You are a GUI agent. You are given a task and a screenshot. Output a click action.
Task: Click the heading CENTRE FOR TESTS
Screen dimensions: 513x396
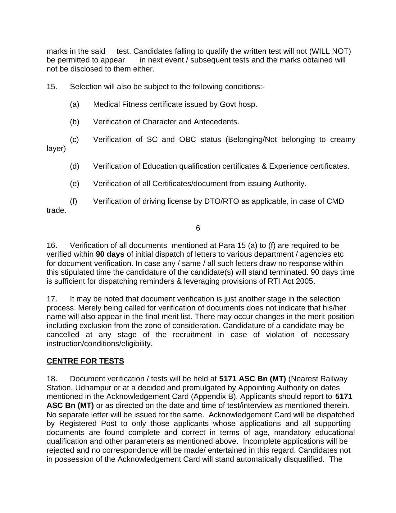(x=85, y=361)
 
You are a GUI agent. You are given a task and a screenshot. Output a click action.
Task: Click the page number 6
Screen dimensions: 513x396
(x=198, y=228)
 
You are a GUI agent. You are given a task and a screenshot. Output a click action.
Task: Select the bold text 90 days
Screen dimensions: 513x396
(x=110, y=254)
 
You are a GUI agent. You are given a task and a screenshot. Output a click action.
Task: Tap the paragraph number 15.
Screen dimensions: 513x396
(x=52, y=87)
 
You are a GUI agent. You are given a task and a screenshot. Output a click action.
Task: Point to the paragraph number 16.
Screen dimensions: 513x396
(x=52, y=245)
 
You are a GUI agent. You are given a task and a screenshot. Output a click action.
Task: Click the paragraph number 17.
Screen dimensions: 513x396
(x=52, y=299)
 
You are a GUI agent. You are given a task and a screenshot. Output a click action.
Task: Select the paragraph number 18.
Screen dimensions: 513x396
(x=52, y=379)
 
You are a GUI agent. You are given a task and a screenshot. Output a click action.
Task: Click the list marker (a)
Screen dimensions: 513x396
(x=75, y=104)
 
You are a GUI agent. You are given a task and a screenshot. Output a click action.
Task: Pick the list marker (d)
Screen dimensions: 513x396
(x=75, y=166)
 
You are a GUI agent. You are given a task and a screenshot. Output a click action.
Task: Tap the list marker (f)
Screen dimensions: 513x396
(x=74, y=201)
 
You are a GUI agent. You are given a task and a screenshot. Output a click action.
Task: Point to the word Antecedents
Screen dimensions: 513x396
(x=216, y=122)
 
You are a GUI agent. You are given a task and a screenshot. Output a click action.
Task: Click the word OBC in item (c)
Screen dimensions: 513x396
(x=188, y=140)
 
